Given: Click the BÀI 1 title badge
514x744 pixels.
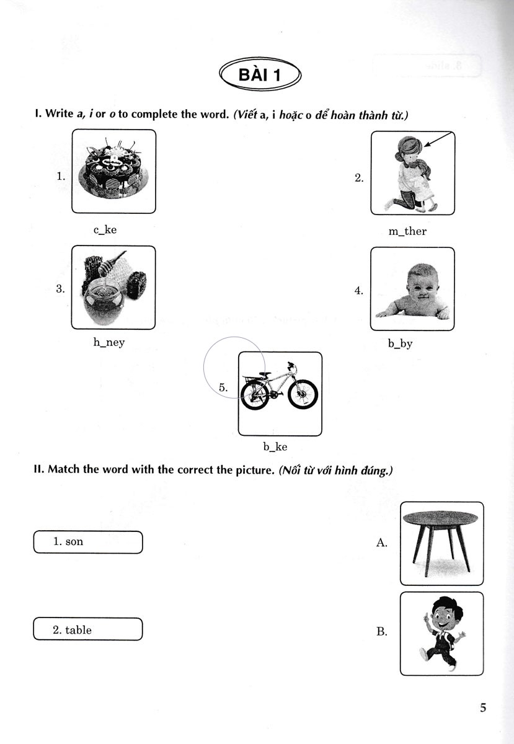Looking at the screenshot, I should [260, 76].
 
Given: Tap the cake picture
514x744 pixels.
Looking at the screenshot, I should [113, 170].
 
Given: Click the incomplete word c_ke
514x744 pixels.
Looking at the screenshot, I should [105, 230].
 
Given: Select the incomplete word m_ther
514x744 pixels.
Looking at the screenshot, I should [407, 231].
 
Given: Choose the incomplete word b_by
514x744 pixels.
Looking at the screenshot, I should [400, 343].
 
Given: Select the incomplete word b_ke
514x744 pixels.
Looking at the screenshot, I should [275, 446].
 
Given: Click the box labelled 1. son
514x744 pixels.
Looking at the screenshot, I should [87, 542].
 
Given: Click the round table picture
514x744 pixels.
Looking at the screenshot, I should [441, 542].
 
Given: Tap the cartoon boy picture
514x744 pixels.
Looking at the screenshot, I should [441, 632].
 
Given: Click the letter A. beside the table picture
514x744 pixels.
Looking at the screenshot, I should [381, 543].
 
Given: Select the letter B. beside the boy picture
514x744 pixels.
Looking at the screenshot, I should [381, 632].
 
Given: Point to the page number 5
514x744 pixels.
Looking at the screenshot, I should [483, 707].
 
